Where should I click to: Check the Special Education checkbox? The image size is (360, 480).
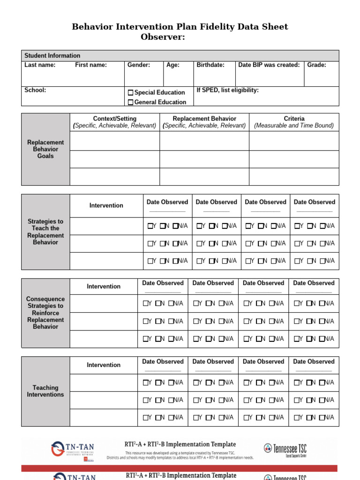(x=130, y=93)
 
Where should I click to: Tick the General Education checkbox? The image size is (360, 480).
(x=130, y=102)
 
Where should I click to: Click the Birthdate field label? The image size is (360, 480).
(x=210, y=65)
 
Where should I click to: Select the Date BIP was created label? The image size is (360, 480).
(x=269, y=65)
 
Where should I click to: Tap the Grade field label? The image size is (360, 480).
(x=316, y=65)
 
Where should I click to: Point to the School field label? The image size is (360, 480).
(x=35, y=90)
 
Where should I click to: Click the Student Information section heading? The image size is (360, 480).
(x=52, y=55)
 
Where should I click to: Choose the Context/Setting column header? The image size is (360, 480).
(x=115, y=119)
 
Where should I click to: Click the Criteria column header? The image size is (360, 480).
(x=294, y=119)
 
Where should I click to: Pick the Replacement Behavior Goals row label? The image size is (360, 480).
(x=45, y=149)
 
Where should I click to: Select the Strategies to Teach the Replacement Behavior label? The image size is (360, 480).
(x=45, y=232)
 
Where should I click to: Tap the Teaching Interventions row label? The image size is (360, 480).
(x=45, y=391)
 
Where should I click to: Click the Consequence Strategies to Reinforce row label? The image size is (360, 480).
(x=45, y=313)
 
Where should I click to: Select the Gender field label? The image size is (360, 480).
(x=139, y=65)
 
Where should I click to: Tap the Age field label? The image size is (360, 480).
(x=173, y=65)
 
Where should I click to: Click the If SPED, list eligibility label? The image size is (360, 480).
(x=227, y=90)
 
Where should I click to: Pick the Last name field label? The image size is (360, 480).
(x=40, y=65)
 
